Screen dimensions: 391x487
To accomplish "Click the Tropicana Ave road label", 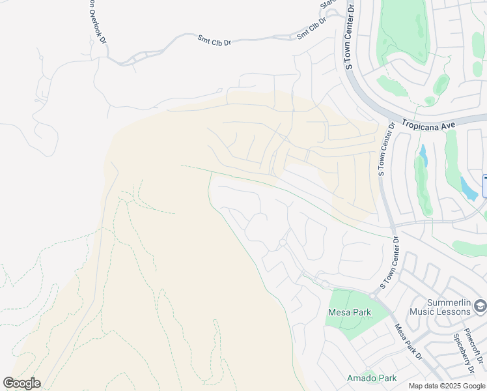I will coord(430,123).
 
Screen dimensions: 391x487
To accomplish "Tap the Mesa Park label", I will coord(349,312).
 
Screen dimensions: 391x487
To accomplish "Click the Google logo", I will coord(21,383).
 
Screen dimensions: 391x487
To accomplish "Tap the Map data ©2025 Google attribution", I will coord(447,386).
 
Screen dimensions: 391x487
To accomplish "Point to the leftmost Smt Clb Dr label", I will coord(214,41).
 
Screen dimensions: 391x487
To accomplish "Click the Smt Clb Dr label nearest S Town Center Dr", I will coord(311,29).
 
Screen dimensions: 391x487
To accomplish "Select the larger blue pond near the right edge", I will coord(468,188).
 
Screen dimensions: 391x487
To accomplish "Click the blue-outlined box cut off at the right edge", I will coord(484,186).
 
